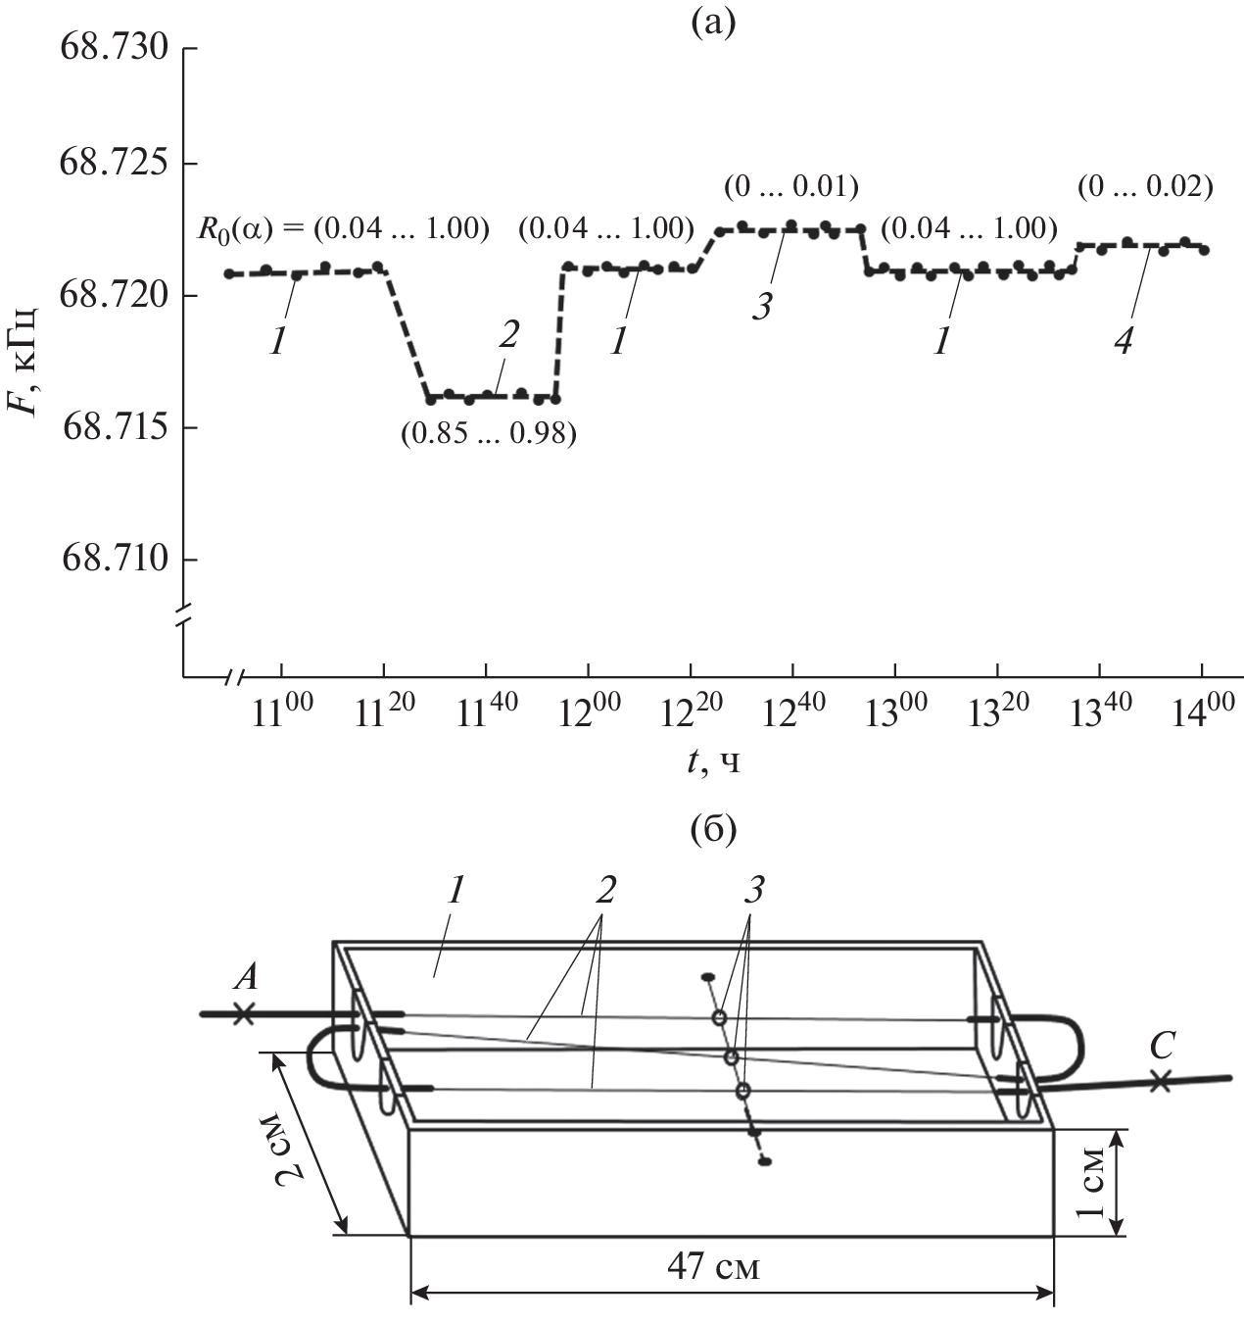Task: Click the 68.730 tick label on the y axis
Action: tap(114, 48)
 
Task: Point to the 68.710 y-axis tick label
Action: tap(115, 560)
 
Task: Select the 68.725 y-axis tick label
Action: tap(114, 164)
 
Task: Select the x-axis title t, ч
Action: tap(713, 762)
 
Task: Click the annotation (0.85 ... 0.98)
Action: tap(488, 434)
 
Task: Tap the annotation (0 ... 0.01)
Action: tap(791, 187)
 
